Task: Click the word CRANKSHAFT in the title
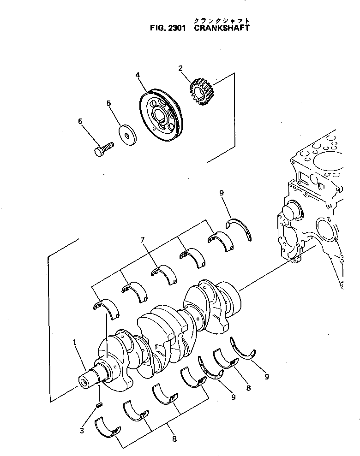click(x=222, y=28)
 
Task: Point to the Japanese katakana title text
click(x=222, y=20)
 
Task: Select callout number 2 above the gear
click(x=181, y=69)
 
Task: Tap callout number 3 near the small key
click(x=82, y=431)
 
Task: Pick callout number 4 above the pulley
click(x=138, y=75)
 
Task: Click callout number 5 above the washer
click(x=109, y=103)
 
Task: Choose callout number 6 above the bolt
click(x=80, y=121)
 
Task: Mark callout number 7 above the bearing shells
click(x=143, y=240)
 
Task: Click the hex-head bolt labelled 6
click(x=104, y=150)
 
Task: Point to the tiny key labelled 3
click(x=98, y=405)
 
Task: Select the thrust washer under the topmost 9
click(x=241, y=230)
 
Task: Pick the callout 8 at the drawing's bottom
click(x=174, y=439)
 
